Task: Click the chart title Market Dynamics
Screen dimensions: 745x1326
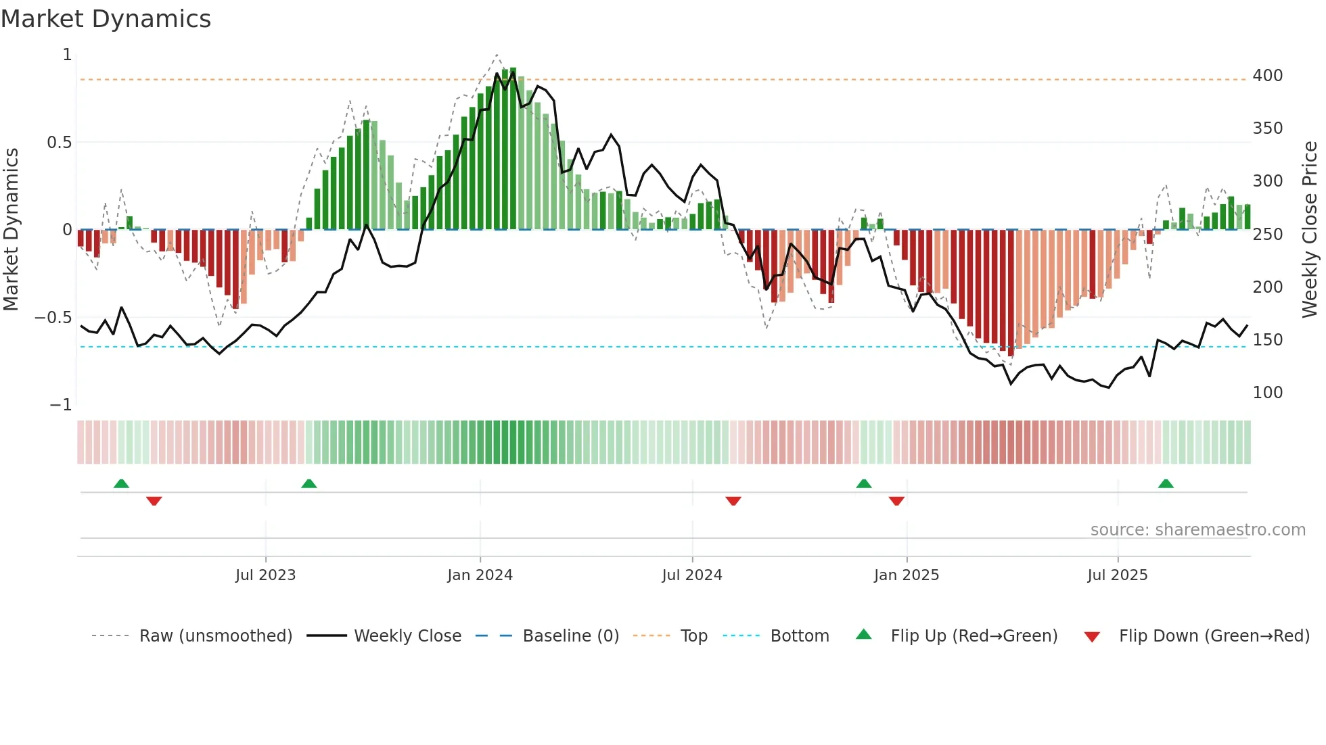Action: click(106, 19)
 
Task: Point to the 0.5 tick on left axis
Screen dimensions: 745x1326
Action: click(59, 143)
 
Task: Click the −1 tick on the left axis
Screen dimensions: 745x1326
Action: click(60, 405)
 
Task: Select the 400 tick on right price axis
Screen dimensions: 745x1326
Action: click(1267, 76)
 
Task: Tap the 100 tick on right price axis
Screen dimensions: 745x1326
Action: click(1267, 393)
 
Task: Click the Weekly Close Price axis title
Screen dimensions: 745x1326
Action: click(1310, 230)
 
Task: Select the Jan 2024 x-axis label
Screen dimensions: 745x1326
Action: click(480, 575)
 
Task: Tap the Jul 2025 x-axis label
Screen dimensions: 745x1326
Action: click(1117, 575)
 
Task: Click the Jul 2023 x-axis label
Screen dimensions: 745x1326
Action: click(265, 575)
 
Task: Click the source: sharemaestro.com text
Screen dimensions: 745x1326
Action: click(1197, 530)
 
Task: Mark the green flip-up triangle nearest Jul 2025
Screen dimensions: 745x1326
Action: click(1165, 484)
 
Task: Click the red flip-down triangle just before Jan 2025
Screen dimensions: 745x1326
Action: click(896, 501)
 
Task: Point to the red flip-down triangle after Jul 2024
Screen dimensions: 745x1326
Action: click(733, 501)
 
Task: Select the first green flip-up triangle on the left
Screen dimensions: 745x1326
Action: click(121, 484)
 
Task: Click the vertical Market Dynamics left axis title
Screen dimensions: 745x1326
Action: click(12, 230)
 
